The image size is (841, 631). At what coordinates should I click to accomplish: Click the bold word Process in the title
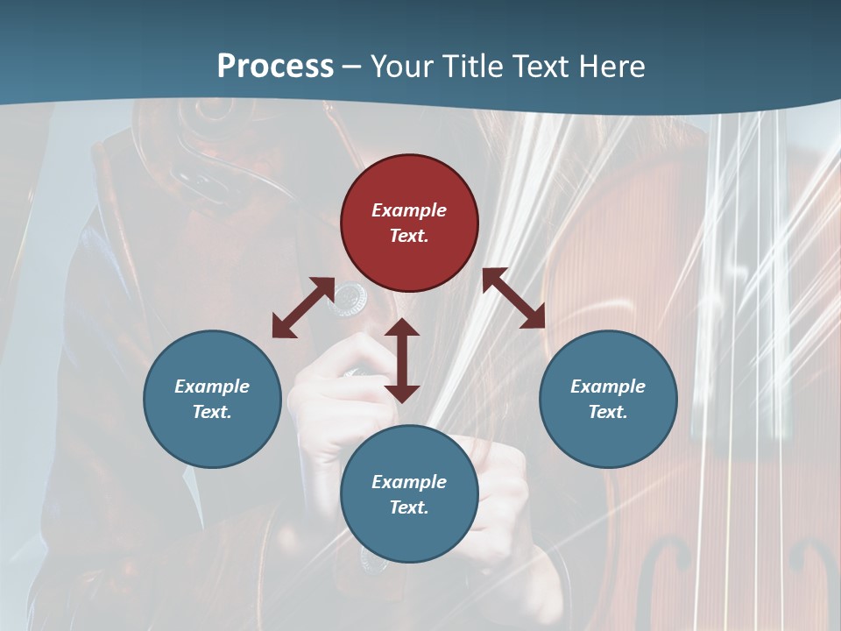(275, 67)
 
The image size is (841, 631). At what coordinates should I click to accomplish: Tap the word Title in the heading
(473, 67)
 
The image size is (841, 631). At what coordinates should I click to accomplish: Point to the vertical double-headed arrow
(402, 360)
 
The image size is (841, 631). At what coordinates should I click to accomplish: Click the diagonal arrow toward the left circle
(303, 308)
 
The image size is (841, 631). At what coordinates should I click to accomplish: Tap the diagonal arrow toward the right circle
(514, 298)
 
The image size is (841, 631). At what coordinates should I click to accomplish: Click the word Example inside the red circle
(409, 210)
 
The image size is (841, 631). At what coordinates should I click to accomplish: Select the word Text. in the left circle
(212, 412)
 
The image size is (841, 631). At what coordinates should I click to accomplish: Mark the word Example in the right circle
(608, 386)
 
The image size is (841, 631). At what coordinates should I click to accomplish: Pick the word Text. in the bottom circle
(409, 507)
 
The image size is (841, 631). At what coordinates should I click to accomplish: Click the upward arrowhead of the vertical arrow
(402, 328)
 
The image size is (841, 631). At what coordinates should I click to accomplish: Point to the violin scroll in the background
(210, 131)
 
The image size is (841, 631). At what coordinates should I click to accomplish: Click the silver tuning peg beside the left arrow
(352, 298)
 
